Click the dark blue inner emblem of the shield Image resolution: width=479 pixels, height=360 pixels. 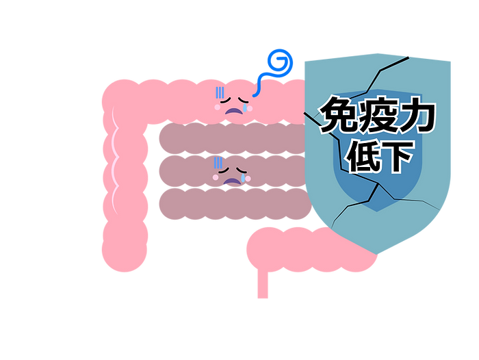coord(377,185)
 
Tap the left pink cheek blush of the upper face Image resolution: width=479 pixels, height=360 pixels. coord(218,107)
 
